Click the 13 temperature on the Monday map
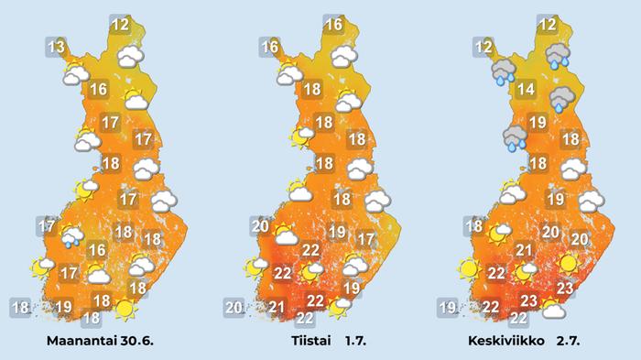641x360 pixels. (56, 47)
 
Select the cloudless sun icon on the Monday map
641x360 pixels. (125, 309)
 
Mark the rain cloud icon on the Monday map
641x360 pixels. (72, 237)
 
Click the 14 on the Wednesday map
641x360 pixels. (525, 89)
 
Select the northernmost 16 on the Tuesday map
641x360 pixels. (334, 25)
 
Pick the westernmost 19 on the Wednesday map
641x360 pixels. (446, 307)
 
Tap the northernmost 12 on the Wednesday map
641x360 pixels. (548, 25)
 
